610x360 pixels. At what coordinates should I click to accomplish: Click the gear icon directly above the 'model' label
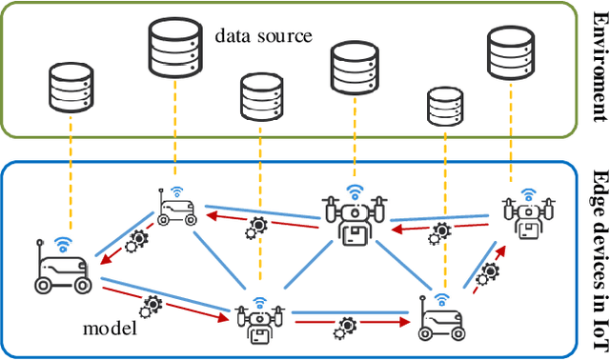click(x=151, y=307)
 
